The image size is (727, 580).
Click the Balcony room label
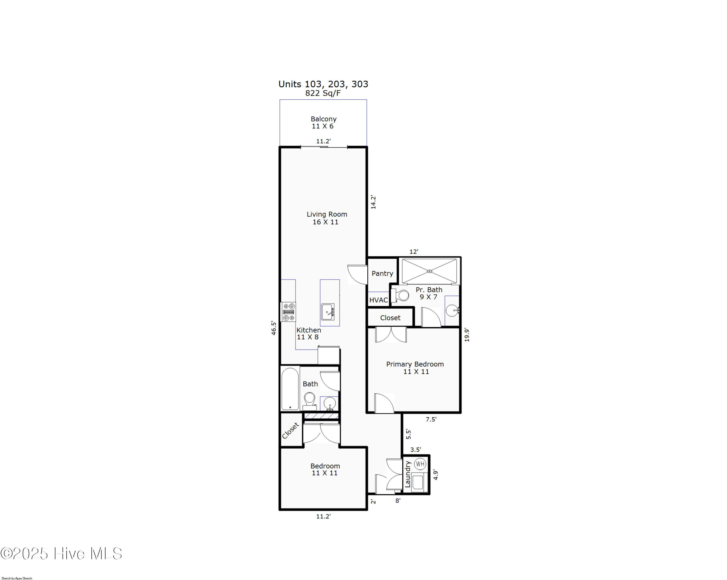(323, 119)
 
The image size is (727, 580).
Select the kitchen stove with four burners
(289, 312)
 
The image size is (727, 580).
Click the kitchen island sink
(327, 312)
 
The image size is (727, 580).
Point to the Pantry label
(382, 273)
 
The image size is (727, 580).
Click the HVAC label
(378, 300)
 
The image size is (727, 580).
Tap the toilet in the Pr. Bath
(401, 296)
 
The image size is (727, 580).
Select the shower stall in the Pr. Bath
(429, 271)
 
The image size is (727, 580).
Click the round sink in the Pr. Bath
(452, 310)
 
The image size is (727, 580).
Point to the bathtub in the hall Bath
(290, 389)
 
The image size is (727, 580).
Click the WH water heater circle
(420, 464)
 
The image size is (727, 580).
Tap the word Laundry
(408, 475)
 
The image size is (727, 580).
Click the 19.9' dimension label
(467, 335)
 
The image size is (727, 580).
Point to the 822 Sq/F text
(323, 93)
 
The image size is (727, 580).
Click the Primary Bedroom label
(415, 364)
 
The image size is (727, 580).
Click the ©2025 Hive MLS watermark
(61, 554)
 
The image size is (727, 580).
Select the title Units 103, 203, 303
(323, 84)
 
